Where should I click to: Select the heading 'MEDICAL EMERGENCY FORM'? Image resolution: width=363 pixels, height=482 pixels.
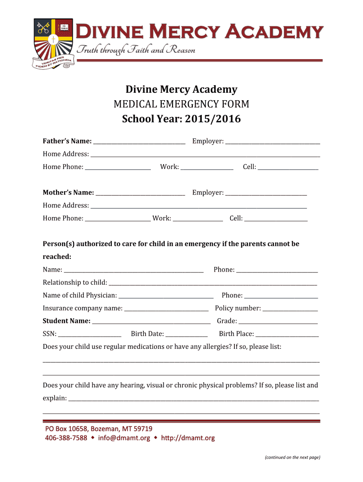click(x=181, y=104)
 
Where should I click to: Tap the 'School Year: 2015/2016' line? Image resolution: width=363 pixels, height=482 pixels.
click(x=181, y=119)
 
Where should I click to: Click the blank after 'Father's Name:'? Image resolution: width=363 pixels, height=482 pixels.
click(x=139, y=142)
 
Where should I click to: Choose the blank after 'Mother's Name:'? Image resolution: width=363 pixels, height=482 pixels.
click(x=140, y=193)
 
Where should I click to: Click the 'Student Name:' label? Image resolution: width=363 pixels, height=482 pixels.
click(x=66, y=321)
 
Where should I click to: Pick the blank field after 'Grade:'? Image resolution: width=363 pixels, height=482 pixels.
click(x=278, y=321)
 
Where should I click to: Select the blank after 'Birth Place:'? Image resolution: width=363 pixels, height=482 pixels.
click(x=287, y=334)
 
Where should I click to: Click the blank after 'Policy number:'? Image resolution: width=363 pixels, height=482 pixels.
click(x=290, y=309)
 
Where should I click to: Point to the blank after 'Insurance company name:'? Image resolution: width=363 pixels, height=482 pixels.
click(x=166, y=309)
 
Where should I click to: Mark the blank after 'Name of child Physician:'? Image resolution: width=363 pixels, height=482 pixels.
click(x=166, y=296)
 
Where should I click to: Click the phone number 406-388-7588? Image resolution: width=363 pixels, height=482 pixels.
click(x=66, y=438)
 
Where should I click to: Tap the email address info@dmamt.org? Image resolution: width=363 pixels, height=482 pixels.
click(x=124, y=438)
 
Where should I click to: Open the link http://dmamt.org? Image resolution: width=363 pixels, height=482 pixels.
click(x=188, y=438)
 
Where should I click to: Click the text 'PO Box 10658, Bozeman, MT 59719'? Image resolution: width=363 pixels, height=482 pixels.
click(x=99, y=429)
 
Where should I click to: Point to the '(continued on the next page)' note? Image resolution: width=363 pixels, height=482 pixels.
click(x=292, y=457)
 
